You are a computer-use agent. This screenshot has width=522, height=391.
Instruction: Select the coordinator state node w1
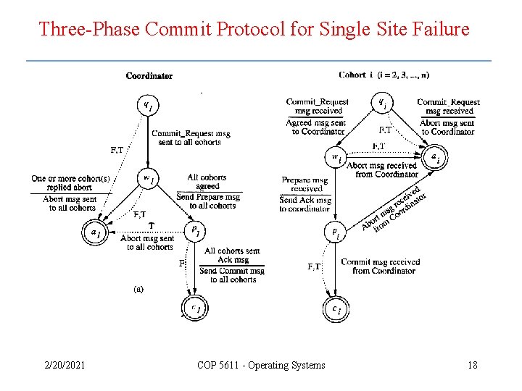coord(147,178)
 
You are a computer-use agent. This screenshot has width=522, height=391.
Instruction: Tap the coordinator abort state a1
coord(95,233)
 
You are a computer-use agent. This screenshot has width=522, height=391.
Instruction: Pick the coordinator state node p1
coord(194,230)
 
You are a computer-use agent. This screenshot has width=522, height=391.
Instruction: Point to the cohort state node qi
coord(382,104)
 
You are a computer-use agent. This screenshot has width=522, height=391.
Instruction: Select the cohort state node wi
coord(336,157)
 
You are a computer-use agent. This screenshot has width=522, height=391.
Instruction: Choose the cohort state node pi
coord(335,233)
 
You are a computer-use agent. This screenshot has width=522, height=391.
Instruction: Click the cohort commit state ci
coord(335,310)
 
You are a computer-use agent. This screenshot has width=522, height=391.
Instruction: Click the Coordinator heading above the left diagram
coord(149,75)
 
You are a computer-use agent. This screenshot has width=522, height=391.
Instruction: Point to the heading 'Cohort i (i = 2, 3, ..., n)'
coord(384,75)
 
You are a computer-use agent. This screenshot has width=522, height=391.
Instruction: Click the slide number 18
coord(473,365)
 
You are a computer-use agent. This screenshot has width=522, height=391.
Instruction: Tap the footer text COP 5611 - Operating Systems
coord(261,365)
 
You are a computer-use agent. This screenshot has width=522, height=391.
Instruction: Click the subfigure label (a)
coord(138,288)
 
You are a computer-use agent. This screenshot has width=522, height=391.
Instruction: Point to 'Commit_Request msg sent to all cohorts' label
coord(191,138)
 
